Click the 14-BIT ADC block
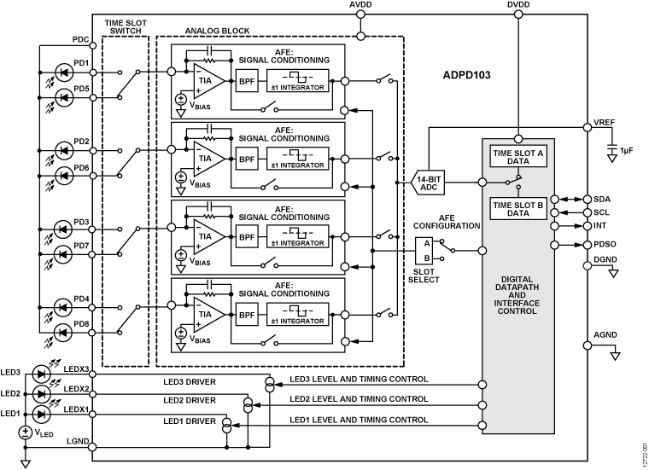tap(430, 183)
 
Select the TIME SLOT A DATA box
tap(517, 156)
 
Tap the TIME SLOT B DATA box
tap(517, 209)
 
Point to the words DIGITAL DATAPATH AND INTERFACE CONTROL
tap(517, 295)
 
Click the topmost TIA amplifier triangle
tap(207, 81)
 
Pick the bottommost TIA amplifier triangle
tap(207, 314)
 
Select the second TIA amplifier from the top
tap(207, 159)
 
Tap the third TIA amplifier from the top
tap(207, 236)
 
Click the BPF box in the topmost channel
tap(247, 81)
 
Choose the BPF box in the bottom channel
tap(247, 315)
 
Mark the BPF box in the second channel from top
tap(247, 159)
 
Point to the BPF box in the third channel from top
tap(247, 237)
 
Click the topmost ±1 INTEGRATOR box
tap(297, 81)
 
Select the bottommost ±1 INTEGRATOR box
tap(297, 315)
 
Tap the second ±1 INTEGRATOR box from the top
tap(297, 159)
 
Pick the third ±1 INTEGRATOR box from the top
tap(297, 237)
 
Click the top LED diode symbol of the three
tap(41, 374)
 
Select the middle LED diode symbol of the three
tap(41, 394)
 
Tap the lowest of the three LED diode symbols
tap(41, 415)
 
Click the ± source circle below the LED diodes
tap(26, 432)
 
